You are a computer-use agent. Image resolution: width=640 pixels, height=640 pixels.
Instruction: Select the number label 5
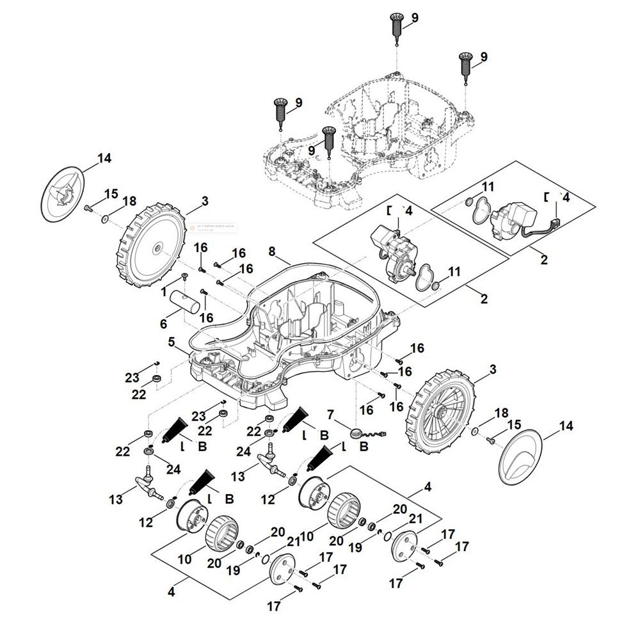(172, 342)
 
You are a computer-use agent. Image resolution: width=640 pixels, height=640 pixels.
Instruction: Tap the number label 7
(330, 415)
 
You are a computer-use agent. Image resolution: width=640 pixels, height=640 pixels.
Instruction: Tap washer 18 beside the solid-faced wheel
(104, 218)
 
